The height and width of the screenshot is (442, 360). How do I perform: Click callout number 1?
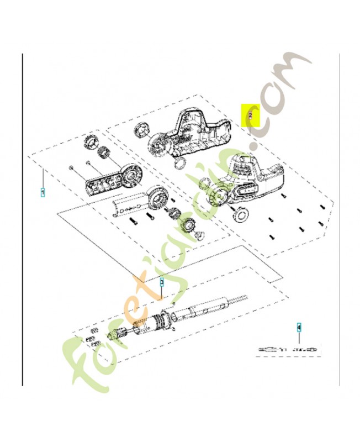point(43,192)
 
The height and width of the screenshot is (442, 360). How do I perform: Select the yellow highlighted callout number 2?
point(250,115)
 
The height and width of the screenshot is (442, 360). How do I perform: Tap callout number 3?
point(162,282)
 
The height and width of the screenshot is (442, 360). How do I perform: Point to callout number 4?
point(299,327)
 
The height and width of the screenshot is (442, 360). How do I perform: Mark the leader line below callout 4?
point(299,339)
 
